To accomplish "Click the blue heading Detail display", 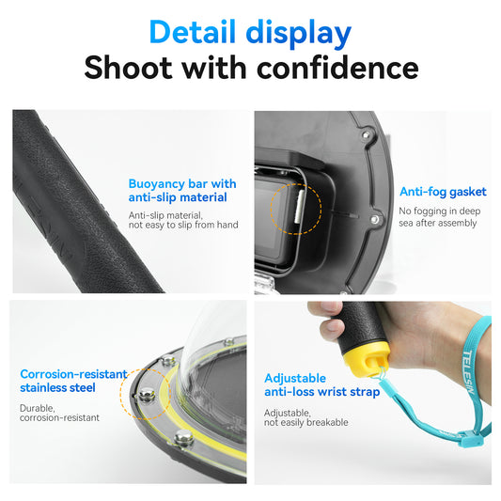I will coord(250,34).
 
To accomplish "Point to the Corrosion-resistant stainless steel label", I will coord(73,381).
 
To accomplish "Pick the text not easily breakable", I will coord(305,422).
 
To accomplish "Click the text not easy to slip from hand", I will coord(183,225).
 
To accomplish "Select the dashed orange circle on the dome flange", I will coord(148,392).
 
